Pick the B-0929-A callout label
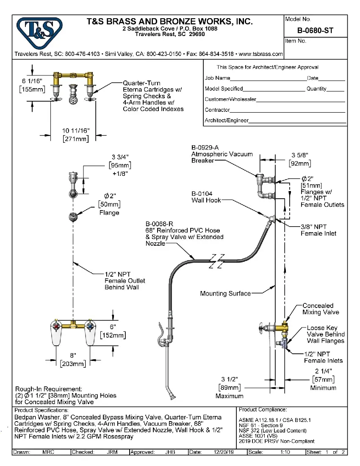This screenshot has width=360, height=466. [x=205, y=147]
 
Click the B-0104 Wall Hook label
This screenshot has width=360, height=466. [x=206, y=197]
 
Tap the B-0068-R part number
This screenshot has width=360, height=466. [x=160, y=224]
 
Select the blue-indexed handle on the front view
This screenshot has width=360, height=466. [x=90, y=326]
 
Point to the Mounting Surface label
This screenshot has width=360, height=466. [x=225, y=294]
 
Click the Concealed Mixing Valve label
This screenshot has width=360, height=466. [x=318, y=309]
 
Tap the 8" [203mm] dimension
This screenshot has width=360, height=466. [x=74, y=360]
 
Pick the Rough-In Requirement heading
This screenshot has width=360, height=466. [x=48, y=389]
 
